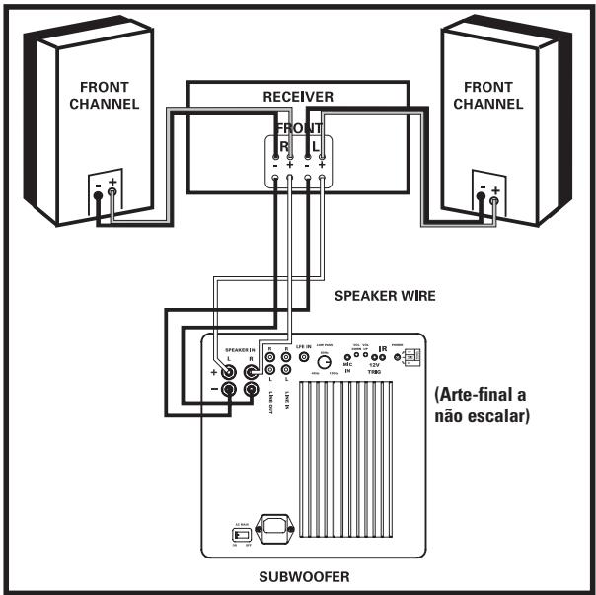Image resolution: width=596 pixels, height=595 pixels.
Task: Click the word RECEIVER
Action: coord(297,97)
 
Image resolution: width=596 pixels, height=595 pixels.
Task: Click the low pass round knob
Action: coord(323,362)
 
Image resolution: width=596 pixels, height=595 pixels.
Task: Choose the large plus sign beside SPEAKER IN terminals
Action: coord(213,373)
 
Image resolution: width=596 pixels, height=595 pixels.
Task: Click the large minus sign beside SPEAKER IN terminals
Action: coord(213,391)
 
